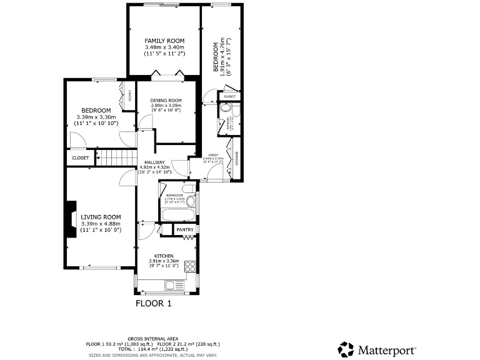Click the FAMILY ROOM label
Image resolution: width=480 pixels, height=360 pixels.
(x=164, y=41)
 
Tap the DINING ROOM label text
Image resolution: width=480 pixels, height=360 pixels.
(x=166, y=101)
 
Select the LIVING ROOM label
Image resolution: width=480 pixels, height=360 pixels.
(x=100, y=217)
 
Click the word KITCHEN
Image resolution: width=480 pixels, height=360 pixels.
(x=164, y=256)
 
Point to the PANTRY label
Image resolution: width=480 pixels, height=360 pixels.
(x=185, y=230)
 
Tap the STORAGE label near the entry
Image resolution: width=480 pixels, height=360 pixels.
(x=236, y=159)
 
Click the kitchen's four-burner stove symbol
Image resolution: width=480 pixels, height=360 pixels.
(x=190, y=266)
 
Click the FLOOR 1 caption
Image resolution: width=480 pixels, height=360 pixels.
(x=153, y=304)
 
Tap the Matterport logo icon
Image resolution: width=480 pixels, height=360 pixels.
(x=346, y=349)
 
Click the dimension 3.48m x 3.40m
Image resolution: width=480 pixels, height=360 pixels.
(x=164, y=47)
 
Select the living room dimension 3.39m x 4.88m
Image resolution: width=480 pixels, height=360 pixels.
(x=100, y=224)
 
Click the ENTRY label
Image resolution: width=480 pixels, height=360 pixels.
(x=213, y=154)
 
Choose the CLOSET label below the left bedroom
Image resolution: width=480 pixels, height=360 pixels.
(x=80, y=158)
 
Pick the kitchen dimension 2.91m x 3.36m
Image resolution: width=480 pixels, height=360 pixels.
(x=164, y=261)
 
